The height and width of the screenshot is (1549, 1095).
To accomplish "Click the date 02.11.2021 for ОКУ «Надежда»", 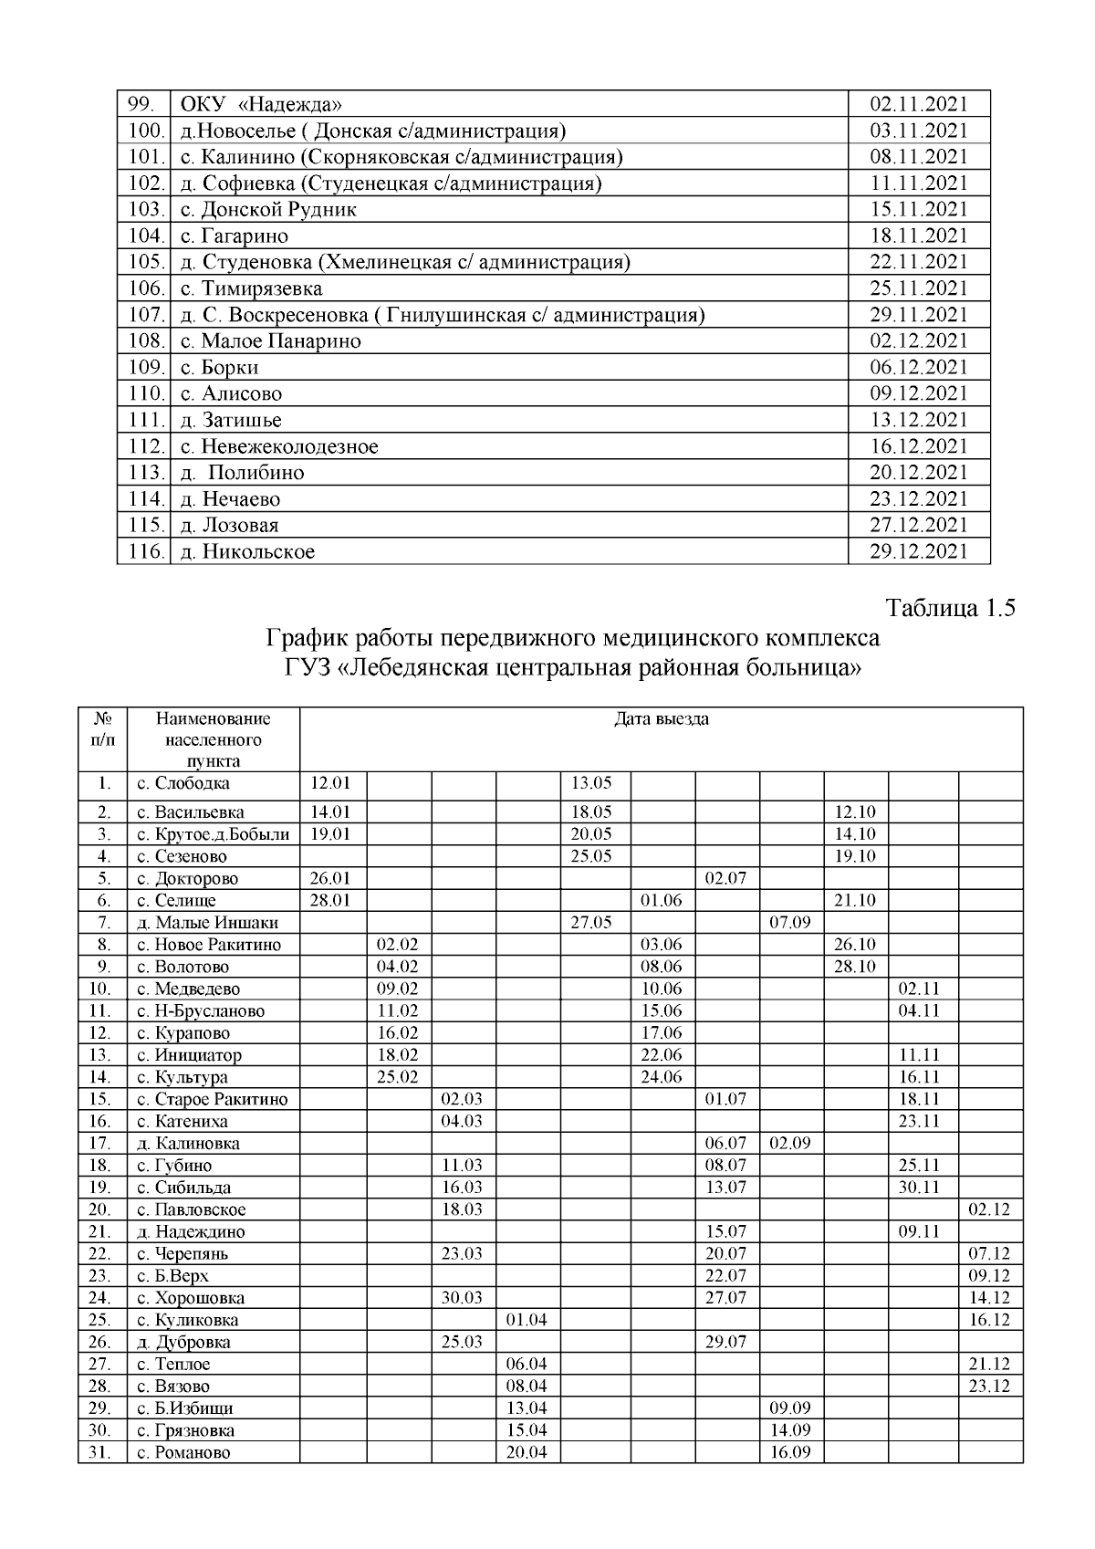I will click(x=918, y=104).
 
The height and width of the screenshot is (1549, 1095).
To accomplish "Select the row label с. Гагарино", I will click(x=235, y=236).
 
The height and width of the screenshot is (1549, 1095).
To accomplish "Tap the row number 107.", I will click(x=144, y=316).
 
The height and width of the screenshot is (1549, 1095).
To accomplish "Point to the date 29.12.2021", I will click(x=918, y=551).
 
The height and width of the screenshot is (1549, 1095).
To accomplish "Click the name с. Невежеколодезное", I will click(x=279, y=447).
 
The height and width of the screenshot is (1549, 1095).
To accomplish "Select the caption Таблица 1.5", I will click(x=951, y=609).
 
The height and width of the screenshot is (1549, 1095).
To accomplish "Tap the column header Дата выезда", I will click(x=661, y=719).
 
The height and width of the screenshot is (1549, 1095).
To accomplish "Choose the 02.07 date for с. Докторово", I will click(x=725, y=879).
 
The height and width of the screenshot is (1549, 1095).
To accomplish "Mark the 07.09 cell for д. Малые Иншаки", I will click(x=790, y=923).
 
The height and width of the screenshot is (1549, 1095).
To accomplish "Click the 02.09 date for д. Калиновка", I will click(x=790, y=1144).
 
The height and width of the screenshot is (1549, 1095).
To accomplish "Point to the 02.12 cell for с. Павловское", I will click(x=989, y=1210).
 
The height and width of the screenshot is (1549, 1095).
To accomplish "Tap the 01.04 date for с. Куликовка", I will click(x=527, y=1320).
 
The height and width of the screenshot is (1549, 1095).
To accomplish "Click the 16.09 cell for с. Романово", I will click(x=790, y=1452).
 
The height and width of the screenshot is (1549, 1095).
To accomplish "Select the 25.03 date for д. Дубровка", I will click(x=462, y=1342).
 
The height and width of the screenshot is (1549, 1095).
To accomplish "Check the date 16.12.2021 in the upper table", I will click(x=918, y=447).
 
